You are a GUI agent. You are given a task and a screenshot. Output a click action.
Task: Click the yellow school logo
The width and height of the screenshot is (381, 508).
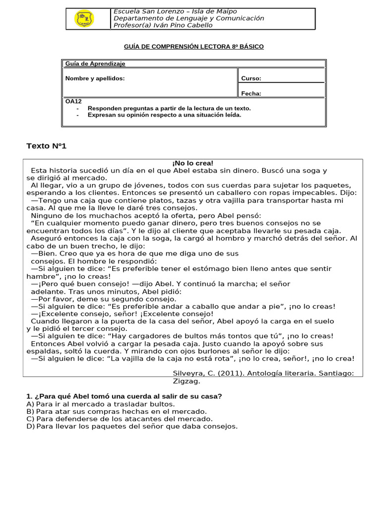point(84,19)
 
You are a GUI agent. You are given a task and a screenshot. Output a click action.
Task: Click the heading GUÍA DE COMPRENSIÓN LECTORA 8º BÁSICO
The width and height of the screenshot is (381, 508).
point(193,47)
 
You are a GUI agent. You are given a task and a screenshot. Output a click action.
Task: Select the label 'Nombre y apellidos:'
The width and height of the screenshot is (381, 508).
point(95,78)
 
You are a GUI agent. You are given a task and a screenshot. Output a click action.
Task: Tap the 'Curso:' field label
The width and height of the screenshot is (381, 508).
point(251,78)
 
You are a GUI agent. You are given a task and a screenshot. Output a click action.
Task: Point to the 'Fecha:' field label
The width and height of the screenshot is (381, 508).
point(251,93)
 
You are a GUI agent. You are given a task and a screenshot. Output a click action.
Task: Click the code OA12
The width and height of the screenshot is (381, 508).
point(73,101)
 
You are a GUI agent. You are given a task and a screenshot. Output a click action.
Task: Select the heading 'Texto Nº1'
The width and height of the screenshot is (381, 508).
point(46,146)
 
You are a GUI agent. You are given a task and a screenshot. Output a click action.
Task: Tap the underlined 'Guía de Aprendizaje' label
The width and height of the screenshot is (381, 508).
point(95,63)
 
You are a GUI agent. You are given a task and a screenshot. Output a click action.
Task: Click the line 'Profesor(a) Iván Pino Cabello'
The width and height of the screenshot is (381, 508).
point(163,25)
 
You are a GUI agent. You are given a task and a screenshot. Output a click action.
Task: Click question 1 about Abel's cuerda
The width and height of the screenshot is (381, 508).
point(124,396)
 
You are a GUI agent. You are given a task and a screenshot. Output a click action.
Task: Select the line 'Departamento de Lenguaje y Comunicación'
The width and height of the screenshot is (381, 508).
point(189,18)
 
